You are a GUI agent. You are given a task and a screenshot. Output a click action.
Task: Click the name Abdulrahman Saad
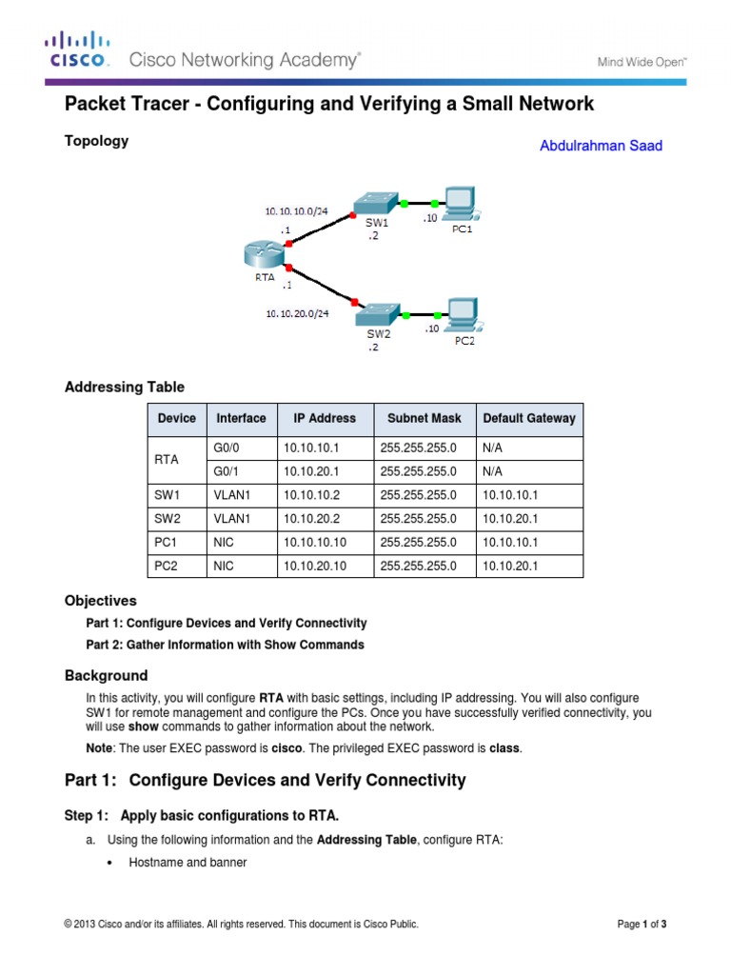[601, 146]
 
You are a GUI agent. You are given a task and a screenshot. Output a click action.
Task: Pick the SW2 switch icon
[378, 314]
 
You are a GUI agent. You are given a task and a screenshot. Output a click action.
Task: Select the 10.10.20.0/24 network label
[297, 310]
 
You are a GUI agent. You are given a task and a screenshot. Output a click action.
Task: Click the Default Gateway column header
[528, 418]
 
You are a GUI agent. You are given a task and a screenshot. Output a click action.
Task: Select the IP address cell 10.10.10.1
[310, 448]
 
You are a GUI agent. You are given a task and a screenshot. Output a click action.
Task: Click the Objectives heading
[100, 601]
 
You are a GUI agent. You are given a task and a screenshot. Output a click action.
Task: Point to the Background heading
[106, 676]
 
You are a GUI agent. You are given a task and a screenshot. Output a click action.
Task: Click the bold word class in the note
[504, 748]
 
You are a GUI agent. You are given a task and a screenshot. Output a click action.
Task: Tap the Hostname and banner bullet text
[188, 863]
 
